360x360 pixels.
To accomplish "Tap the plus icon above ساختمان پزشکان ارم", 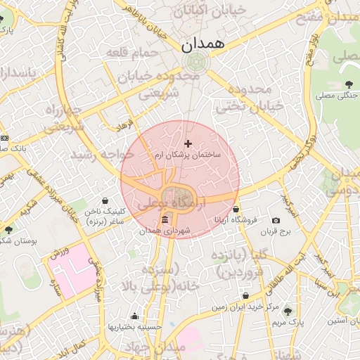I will [188, 143].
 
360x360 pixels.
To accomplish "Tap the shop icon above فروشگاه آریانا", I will [236, 210].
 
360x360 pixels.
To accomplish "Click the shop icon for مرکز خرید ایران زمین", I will [245, 296].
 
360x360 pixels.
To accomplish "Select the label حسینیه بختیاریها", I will [135, 326].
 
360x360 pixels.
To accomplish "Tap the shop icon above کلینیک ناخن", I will [105, 200].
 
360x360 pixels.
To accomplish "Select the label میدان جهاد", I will [149, 348].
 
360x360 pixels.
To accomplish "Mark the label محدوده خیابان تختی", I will [250, 98].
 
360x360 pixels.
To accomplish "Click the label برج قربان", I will [276, 231].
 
